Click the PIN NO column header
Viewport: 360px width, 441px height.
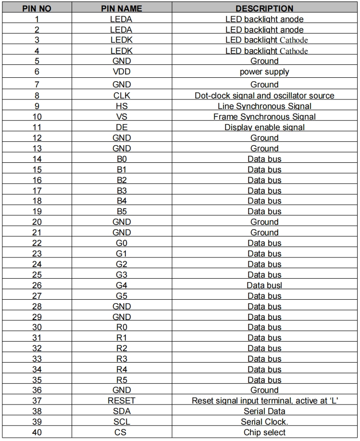pos(37,9)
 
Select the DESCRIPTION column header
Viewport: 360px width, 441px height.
pos(264,9)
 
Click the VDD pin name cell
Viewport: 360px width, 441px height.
pos(121,73)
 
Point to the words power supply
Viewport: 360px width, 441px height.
pos(264,73)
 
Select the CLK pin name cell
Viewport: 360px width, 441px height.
pos(121,96)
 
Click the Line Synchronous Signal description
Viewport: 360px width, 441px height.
pos(264,106)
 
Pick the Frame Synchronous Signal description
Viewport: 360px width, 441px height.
pos(264,117)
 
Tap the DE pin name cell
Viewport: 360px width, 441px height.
pos(121,127)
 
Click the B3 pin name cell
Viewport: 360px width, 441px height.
pos(121,191)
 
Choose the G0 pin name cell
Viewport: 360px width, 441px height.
pos(121,243)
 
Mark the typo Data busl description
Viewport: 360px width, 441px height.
pos(264,285)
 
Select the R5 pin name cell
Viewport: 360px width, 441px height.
pos(121,380)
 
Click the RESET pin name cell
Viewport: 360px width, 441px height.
pos(121,401)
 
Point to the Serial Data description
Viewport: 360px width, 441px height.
pos(264,411)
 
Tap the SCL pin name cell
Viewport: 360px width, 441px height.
pos(121,422)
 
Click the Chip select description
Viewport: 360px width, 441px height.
pos(264,432)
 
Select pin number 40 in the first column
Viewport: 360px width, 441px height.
pos(37,432)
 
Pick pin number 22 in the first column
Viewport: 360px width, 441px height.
pos(37,243)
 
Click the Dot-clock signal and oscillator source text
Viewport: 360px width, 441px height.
pos(264,96)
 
